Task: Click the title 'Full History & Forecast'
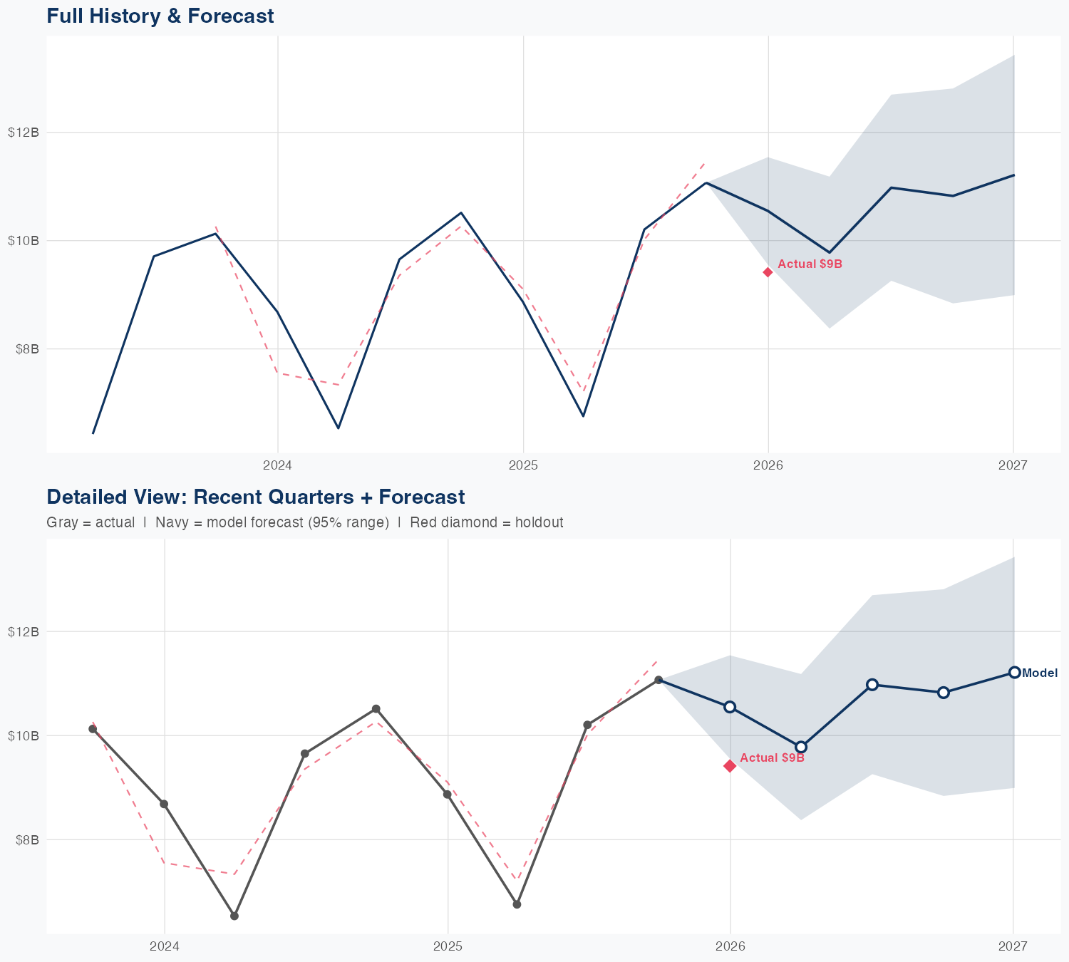pos(160,16)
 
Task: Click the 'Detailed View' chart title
pos(255,497)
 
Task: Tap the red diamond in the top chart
pos(768,272)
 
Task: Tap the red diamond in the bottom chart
pos(730,766)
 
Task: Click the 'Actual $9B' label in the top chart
pos(810,264)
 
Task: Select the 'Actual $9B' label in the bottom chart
pos(772,758)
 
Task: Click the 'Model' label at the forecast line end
pos(1040,673)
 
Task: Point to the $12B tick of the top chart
pos(23,133)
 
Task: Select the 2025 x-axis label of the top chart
pos(523,466)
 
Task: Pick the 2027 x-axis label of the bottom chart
pos(1013,946)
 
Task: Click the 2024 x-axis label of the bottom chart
pos(165,946)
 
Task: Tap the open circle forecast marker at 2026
pos(730,707)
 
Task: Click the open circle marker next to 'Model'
pos(1014,672)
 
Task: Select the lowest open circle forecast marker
pos(801,747)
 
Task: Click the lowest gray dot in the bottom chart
pos(234,916)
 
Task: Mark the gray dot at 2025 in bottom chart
pos(448,794)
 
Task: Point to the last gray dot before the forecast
pos(659,680)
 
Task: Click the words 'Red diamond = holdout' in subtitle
pos(487,522)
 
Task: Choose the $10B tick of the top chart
pos(23,241)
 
